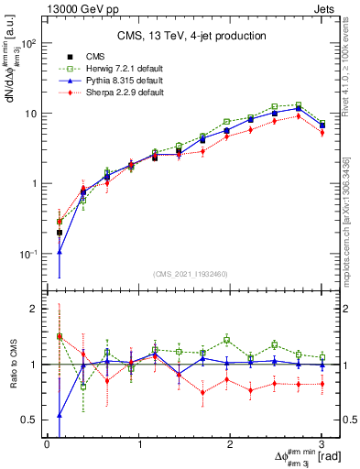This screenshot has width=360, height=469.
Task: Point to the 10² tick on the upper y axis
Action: (x=29, y=43)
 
